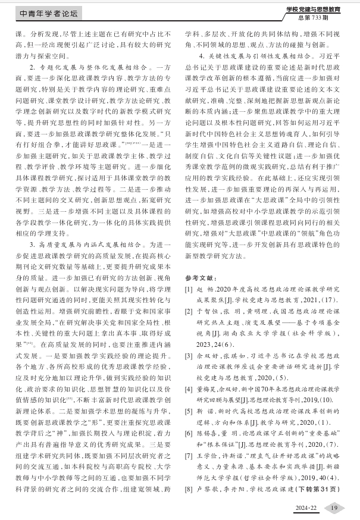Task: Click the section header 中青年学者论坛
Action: tap(49, 12)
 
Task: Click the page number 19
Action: tap(334, 507)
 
